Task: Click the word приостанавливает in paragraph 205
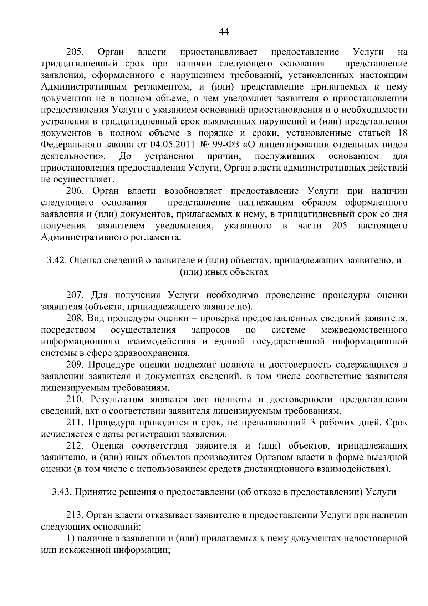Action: point(219,52)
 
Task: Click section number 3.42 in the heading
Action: point(56,261)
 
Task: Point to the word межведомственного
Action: point(364,330)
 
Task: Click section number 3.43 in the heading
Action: point(62,492)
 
